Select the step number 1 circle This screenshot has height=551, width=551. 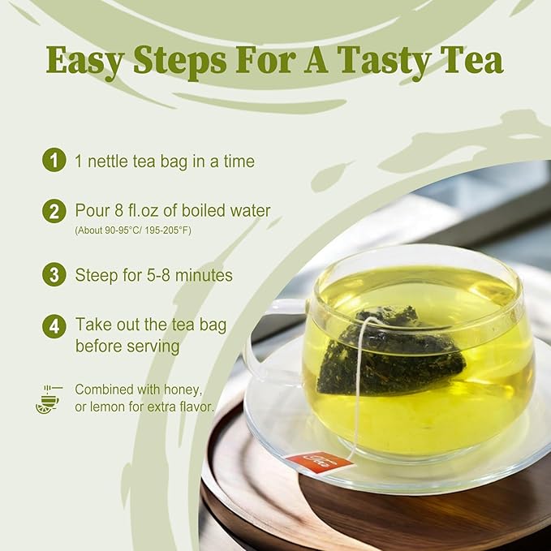point(54,161)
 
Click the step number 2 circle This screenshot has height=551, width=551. point(54,211)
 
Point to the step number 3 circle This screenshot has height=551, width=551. point(54,274)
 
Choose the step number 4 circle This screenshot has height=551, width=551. point(54,325)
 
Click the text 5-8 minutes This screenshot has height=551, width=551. point(192,275)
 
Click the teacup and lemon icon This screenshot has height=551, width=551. point(47,398)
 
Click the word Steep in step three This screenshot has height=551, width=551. point(96,275)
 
